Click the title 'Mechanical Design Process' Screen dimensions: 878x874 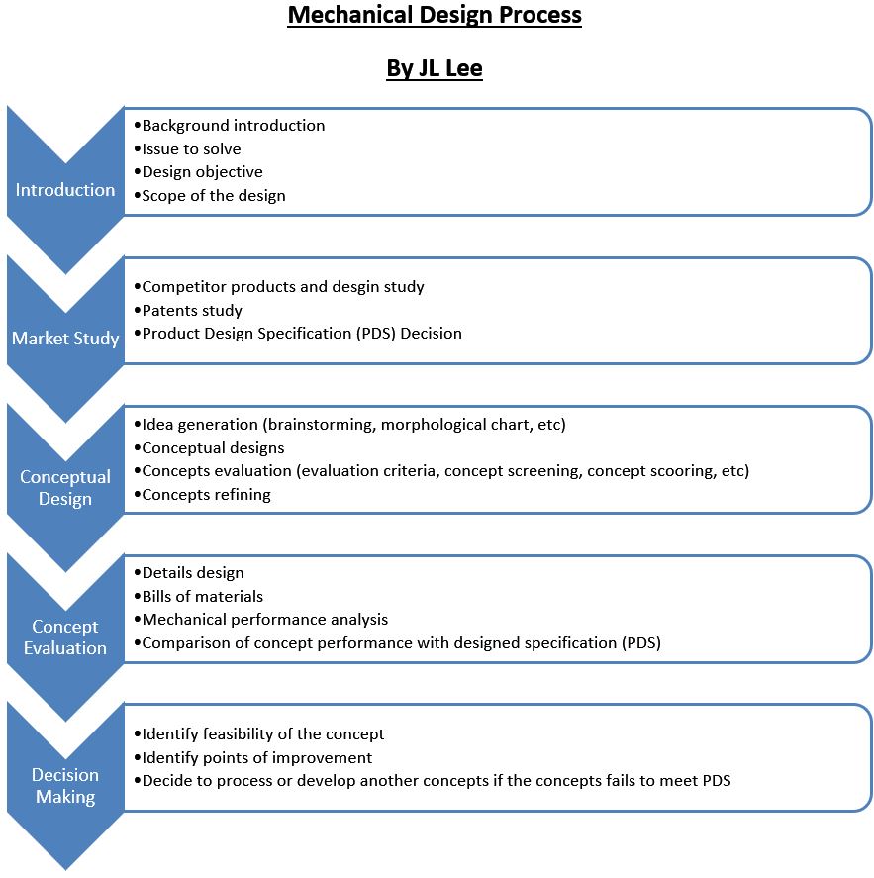coord(435,16)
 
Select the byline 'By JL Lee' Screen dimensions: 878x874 coord(435,69)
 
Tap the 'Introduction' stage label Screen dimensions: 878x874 coord(65,189)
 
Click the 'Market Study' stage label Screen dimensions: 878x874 coord(65,339)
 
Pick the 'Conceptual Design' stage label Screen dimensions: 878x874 coord(65,487)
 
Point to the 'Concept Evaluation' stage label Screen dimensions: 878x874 coord(65,636)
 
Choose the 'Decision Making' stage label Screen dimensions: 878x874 coord(65,785)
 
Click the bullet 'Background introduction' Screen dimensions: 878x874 coord(233,126)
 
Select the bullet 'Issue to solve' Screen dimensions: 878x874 coord(191,149)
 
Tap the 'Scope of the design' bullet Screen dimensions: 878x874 coord(213,196)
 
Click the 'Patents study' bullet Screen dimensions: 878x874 coord(192,310)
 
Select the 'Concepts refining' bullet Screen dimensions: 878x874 coord(206,495)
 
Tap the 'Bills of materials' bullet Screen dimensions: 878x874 coord(202,596)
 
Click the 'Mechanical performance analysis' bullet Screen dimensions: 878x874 coord(264,620)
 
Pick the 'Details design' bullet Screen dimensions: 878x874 coord(192,572)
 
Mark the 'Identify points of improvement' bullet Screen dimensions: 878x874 coord(256,757)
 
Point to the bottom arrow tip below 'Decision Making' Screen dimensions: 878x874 coord(65,865)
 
